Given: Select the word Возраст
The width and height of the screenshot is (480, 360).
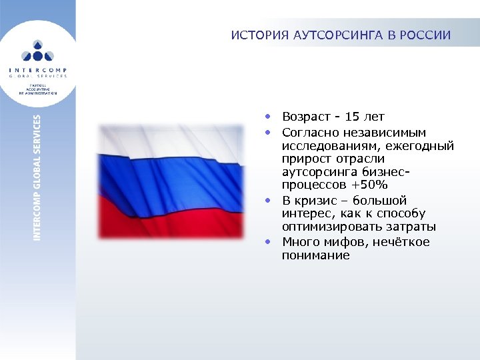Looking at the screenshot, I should [304, 117].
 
